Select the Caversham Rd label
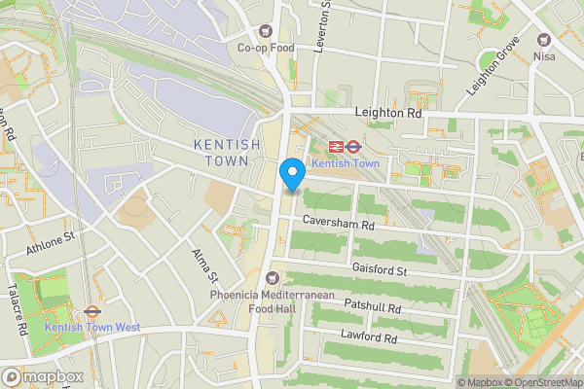click(338, 224)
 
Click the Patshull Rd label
click(372, 306)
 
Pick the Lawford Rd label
click(369, 338)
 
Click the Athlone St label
click(51, 243)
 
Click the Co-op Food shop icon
click(267, 31)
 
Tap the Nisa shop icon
click(544, 41)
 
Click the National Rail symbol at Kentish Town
click(337, 147)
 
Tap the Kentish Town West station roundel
click(92, 312)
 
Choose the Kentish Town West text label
click(92, 328)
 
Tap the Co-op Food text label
click(266, 47)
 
